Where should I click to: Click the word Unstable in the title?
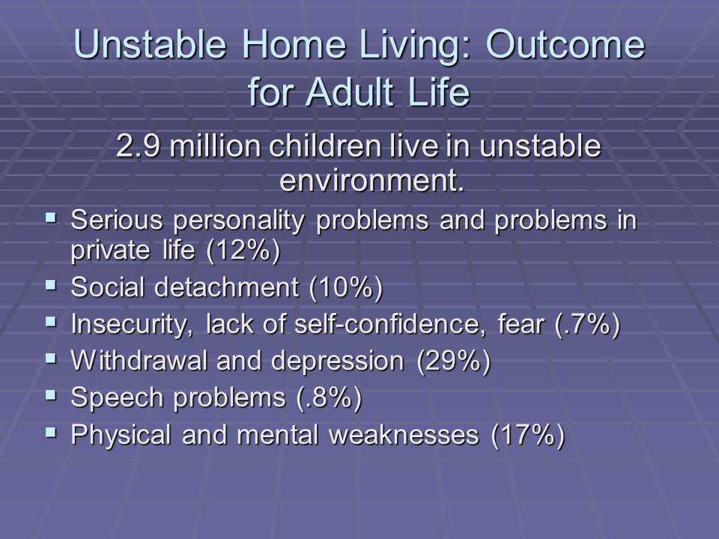pos(150,44)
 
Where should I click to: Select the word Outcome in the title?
pos(565,44)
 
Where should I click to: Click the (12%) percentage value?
pos(243,251)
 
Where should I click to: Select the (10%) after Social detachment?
pos(346,287)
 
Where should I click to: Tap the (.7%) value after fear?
pos(587,324)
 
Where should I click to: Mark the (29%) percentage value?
pos(454,361)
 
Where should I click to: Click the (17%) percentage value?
pos(528,434)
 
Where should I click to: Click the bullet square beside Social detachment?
pos(51,285)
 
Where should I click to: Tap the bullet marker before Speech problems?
pos(51,395)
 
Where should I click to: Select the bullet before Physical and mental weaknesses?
pos(51,432)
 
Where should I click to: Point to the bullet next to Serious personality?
pos(51,217)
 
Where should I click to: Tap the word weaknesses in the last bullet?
pos(404,434)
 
